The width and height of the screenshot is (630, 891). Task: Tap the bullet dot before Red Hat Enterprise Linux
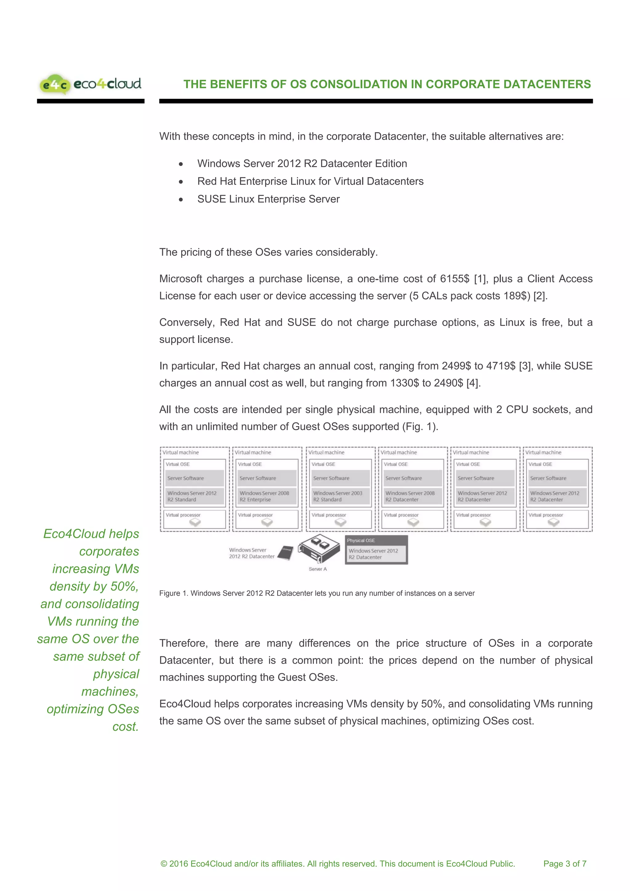(x=181, y=182)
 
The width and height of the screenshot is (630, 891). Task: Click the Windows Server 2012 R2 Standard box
(x=194, y=496)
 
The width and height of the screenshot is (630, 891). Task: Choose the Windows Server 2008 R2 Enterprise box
(x=266, y=496)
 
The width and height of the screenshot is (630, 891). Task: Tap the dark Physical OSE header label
(x=361, y=541)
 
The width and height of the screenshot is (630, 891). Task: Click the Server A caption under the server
(x=318, y=569)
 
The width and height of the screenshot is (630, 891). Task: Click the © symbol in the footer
(x=164, y=864)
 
